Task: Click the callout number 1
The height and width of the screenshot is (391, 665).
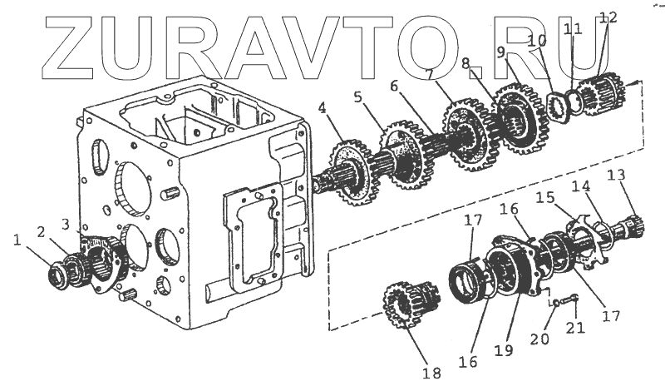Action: coord(17,240)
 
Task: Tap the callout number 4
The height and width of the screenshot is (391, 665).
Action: coord(323,108)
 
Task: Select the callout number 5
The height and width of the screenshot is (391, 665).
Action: coord(358,97)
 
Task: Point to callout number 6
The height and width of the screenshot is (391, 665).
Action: coord(394,87)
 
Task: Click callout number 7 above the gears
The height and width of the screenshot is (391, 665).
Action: coord(429,74)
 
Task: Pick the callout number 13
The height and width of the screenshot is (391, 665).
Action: coord(616,175)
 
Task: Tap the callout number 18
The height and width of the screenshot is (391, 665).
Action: coord(431,373)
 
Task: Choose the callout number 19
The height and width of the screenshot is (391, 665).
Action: coord(504,351)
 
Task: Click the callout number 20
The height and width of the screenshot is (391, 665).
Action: coord(539,339)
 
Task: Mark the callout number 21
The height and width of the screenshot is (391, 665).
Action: coord(575,327)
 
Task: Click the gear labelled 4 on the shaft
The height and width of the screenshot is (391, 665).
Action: coord(351,173)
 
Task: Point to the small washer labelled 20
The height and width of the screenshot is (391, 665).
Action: coord(554,303)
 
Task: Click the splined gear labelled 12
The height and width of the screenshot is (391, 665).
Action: coord(600,97)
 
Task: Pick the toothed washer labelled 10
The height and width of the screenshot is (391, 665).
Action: coord(556,108)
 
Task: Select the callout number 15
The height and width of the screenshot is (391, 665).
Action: coord(546,197)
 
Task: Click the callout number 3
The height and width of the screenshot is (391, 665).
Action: coord(66,224)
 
